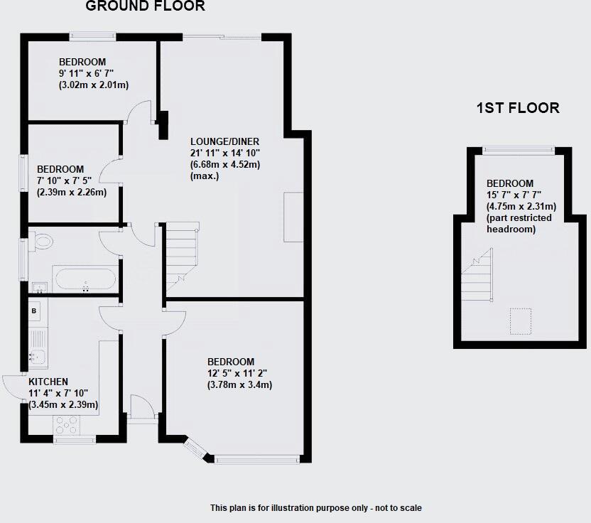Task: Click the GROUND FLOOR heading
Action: [145, 7]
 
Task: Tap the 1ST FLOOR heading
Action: [517, 108]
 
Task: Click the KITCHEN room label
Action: [48, 382]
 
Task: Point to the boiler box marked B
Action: [34, 311]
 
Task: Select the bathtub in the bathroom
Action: [84, 279]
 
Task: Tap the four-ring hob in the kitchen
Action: [67, 424]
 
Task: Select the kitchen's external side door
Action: [14, 387]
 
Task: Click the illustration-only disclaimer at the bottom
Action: [315, 508]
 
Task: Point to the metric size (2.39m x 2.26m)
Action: [71, 192]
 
